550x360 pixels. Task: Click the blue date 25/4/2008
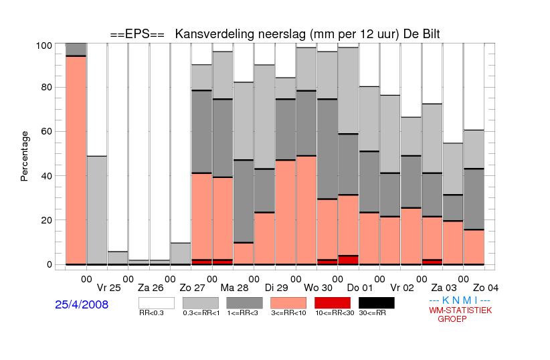point(82,304)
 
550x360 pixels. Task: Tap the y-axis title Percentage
point(24,156)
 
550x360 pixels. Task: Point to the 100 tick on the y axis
point(44,46)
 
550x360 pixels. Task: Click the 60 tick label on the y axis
point(46,131)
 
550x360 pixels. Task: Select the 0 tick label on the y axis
point(50,264)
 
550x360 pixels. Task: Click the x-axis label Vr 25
point(109,288)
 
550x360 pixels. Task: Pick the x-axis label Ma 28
point(234,288)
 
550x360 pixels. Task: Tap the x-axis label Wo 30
point(318,288)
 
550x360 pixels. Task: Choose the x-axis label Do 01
point(360,288)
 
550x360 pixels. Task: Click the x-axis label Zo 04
point(486,288)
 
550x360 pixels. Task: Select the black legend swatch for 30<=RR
point(377,303)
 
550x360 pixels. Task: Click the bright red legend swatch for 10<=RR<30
point(333,303)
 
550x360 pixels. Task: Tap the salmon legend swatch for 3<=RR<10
point(288,303)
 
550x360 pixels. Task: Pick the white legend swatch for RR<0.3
point(157,303)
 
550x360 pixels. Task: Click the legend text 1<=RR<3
point(242,313)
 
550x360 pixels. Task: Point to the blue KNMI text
point(460,300)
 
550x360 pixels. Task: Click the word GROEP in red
point(452,319)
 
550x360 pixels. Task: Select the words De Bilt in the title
point(422,34)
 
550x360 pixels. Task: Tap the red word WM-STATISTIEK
point(460,310)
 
